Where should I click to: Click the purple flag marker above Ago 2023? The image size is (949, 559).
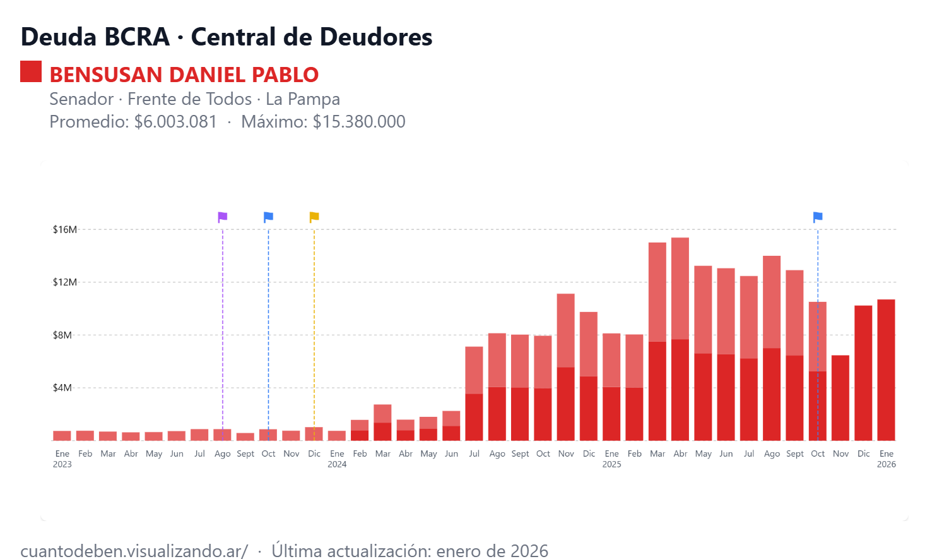pos(222,217)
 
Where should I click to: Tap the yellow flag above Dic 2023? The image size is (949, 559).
pos(314,217)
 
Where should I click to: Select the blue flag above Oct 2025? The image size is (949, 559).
pos(818,217)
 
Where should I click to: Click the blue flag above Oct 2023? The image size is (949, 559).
pos(268,217)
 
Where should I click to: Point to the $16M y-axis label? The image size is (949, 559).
pos(64,229)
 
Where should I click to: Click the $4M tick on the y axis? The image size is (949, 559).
pos(62,388)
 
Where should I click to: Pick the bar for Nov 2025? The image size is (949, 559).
pos(840,398)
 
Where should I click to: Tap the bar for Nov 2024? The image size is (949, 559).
pos(566,367)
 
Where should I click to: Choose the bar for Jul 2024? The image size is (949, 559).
pos(474,394)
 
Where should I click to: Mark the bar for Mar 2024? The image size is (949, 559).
pos(382,423)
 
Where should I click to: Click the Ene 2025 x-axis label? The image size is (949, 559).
pos(611,459)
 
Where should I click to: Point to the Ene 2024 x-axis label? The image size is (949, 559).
pos(337,459)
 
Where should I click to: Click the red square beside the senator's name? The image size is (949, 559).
pos(31,71)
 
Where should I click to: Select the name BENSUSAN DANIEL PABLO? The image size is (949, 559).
pos(184,75)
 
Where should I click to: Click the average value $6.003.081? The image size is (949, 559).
pos(175,121)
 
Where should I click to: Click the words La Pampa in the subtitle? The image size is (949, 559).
pos(303,99)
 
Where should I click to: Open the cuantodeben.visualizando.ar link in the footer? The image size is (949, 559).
pos(134,551)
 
